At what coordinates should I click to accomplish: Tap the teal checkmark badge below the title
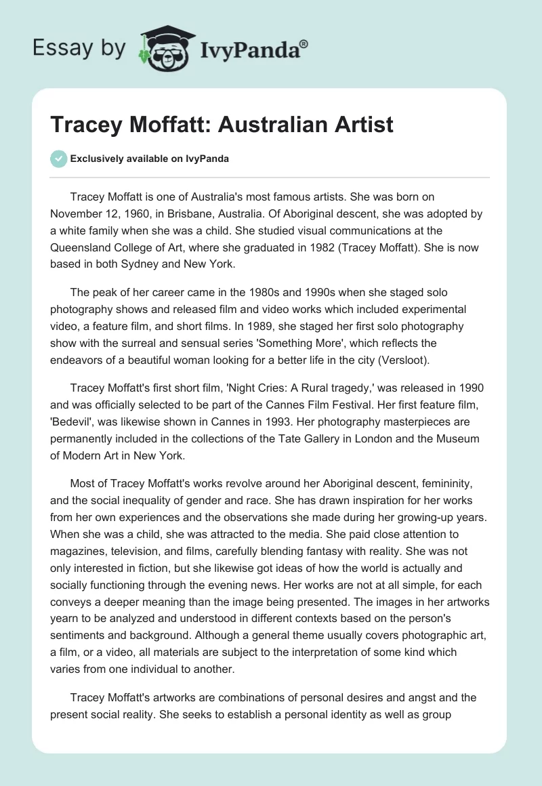click(58, 159)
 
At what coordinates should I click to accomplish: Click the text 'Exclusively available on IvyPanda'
click(150, 159)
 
